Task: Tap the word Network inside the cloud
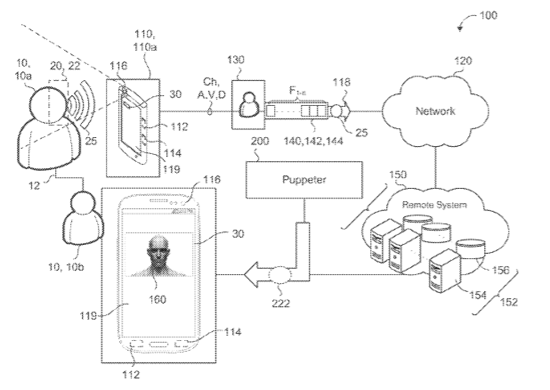(x=435, y=113)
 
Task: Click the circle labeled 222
(x=286, y=276)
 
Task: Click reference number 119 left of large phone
(x=86, y=313)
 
